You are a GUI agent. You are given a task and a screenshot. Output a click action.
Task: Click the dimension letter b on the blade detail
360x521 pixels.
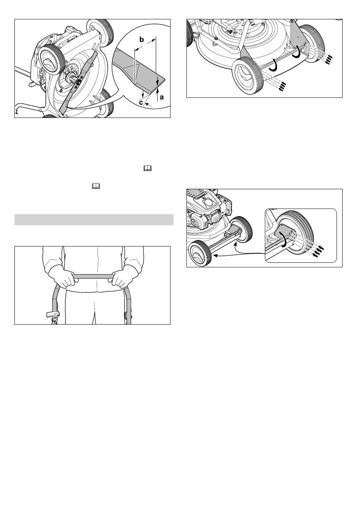(141, 39)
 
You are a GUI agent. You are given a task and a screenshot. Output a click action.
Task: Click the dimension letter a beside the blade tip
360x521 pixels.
(162, 97)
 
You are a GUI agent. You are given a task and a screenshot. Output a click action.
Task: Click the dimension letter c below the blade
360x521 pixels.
(141, 102)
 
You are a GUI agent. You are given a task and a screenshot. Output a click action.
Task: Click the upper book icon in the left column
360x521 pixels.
(147, 168)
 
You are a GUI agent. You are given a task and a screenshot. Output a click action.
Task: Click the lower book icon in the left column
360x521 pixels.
(96, 185)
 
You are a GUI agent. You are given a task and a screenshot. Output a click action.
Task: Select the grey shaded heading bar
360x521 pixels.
(94, 220)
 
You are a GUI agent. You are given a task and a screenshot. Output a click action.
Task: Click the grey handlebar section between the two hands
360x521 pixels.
(94, 276)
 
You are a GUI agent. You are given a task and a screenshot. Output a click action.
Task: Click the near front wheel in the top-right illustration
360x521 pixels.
(249, 75)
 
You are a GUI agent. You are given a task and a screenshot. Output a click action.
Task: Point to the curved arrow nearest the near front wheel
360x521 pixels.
(274, 65)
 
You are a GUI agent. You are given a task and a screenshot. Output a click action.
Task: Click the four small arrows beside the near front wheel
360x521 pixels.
(282, 86)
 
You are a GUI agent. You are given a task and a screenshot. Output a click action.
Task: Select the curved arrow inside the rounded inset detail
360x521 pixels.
(284, 239)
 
